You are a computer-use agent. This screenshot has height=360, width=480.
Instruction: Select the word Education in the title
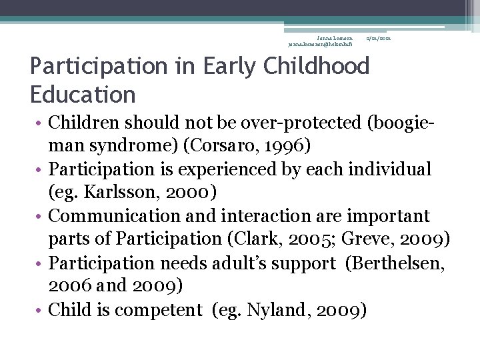[x=83, y=95]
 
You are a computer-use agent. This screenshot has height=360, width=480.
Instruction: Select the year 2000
[x=187, y=193]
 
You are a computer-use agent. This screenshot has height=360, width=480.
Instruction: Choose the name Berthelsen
[x=395, y=263]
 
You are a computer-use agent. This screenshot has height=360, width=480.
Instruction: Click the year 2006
[x=71, y=285]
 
